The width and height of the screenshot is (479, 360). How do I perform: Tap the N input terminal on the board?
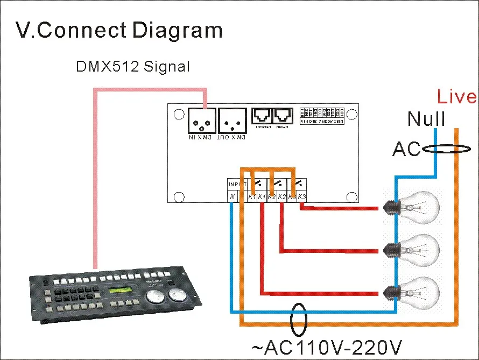pyautogui.click(x=231, y=197)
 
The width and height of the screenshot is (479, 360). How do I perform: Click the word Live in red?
pyautogui.click(x=456, y=97)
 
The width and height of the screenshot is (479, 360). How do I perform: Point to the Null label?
pyautogui.click(x=426, y=119)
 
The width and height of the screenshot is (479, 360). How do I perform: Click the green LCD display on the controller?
pyautogui.click(x=121, y=291)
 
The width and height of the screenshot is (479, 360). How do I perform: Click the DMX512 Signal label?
pyautogui.click(x=132, y=67)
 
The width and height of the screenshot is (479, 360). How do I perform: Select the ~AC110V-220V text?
pyautogui.click(x=326, y=348)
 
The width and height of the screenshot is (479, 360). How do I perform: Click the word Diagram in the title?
pyautogui.click(x=177, y=30)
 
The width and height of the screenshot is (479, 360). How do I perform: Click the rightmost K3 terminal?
pyautogui.click(x=301, y=197)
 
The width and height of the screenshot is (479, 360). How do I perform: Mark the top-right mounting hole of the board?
pyautogui.click(x=352, y=114)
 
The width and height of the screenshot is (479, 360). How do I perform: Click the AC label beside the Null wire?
pyautogui.click(x=406, y=149)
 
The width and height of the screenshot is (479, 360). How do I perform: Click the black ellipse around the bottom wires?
pyautogui.click(x=299, y=320)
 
